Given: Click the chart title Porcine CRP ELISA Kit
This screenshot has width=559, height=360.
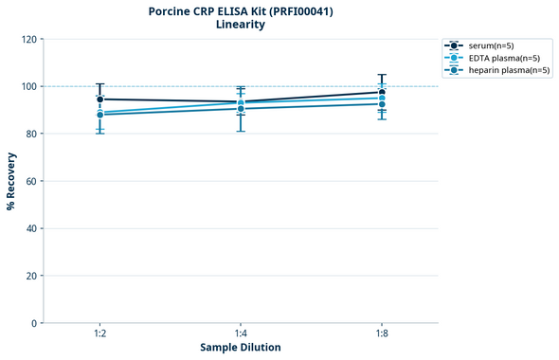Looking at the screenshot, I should [241, 11].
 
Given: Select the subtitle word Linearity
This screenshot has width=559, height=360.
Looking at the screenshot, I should [241, 25].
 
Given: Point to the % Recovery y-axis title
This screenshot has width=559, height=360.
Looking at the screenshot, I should [11, 181].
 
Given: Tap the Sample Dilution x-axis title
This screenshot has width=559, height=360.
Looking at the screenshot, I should [241, 348].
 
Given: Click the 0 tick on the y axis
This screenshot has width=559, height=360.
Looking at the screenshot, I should [34, 323].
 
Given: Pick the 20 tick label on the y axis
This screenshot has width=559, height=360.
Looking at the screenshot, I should [31, 276].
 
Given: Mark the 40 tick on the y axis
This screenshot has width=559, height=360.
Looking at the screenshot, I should [31, 228].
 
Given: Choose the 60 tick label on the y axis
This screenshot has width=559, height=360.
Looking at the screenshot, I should [31, 181].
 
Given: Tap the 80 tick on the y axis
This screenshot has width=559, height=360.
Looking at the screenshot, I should [31, 134].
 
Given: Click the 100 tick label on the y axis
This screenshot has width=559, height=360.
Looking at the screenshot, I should [28, 86].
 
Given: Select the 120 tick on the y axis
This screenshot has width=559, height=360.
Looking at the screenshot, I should [28, 40].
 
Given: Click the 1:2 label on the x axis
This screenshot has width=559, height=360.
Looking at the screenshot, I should [99, 334].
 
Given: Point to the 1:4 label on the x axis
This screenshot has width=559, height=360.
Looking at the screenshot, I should [241, 334].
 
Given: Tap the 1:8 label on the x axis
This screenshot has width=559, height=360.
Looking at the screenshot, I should [382, 334].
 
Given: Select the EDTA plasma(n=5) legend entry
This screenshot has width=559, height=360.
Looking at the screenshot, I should [498, 58].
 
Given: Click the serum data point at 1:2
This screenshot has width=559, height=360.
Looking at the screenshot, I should [99, 99].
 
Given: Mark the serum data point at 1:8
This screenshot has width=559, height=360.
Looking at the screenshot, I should [382, 92].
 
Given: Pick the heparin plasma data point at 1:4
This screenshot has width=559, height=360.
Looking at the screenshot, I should [241, 108].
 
